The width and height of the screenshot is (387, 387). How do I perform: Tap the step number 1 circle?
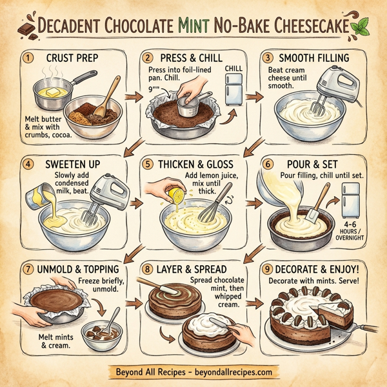tap(26, 58)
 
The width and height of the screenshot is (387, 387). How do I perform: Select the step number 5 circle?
tap(149, 163)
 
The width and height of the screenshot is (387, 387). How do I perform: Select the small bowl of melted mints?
tap(103, 335)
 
